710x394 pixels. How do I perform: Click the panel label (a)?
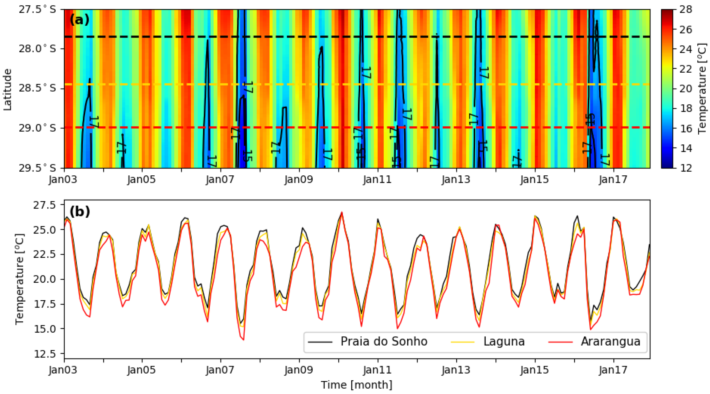click(79, 20)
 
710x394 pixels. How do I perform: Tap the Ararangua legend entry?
click(610, 341)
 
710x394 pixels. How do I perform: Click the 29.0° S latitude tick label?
click(37, 128)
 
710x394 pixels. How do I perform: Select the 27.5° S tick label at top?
click(37, 9)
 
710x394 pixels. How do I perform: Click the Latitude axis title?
click(8, 89)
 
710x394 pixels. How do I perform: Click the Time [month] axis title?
click(357, 385)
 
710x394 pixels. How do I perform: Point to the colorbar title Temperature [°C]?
click(702, 89)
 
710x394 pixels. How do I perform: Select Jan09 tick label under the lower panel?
click(299, 370)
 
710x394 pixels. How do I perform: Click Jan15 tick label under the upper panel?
click(535, 180)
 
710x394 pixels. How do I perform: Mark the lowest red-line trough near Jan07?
click(243, 340)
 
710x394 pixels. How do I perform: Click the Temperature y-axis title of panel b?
click(20, 279)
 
